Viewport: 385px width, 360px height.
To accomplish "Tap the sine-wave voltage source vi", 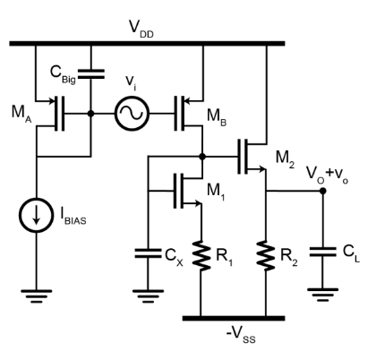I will click(x=132, y=114).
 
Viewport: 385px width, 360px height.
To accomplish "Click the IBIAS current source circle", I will click(x=37, y=218).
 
